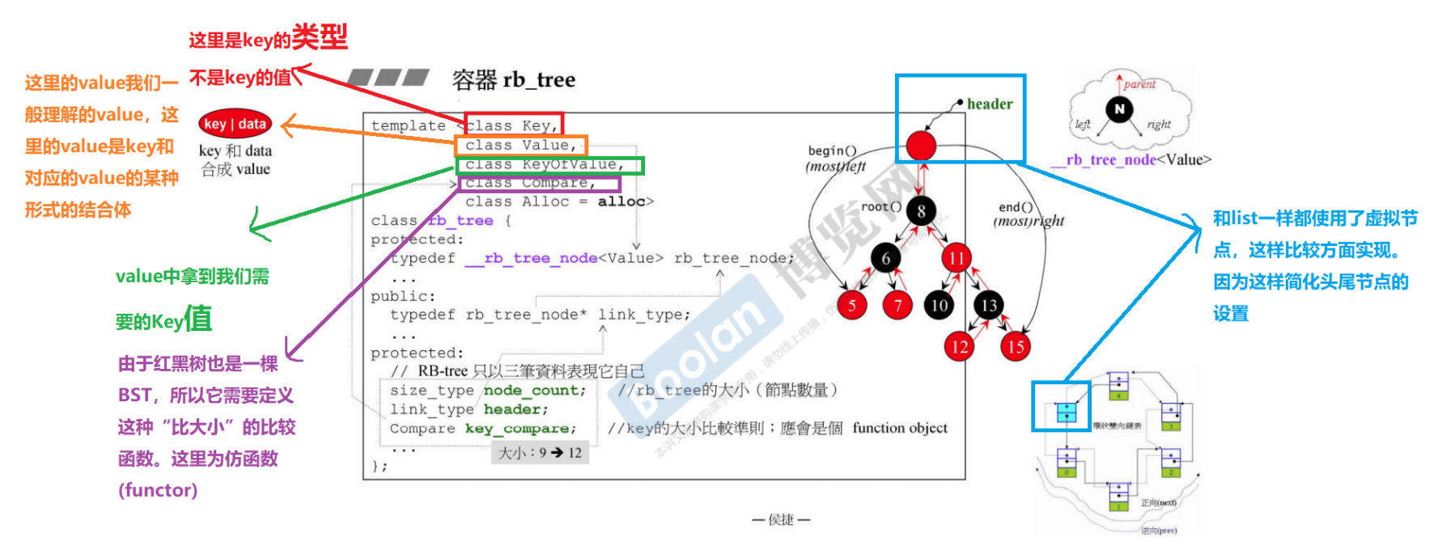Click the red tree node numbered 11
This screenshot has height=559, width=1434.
[x=957, y=258]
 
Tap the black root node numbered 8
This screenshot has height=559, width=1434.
[x=921, y=211]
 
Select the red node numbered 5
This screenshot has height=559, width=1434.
[x=851, y=305]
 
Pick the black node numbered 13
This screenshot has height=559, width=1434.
[x=989, y=305]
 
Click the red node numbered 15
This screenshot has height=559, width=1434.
[x=1015, y=347]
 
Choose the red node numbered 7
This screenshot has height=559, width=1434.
[x=897, y=305]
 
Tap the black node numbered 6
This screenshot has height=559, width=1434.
[x=886, y=258]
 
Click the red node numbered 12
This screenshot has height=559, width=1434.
[x=960, y=347]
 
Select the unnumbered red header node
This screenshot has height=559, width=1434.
[x=921, y=146]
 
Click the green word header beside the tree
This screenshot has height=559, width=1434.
[x=990, y=104]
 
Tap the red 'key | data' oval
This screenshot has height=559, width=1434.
[x=235, y=124]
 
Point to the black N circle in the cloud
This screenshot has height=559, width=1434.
[x=1120, y=109]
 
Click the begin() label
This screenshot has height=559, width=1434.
[x=832, y=150]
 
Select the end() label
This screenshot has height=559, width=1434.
[x=1016, y=207]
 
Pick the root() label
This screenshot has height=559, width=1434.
[x=880, y=206]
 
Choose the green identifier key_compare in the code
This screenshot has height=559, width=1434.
[x=520, y=429]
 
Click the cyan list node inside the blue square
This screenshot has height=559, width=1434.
[x=1067, y=412]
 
